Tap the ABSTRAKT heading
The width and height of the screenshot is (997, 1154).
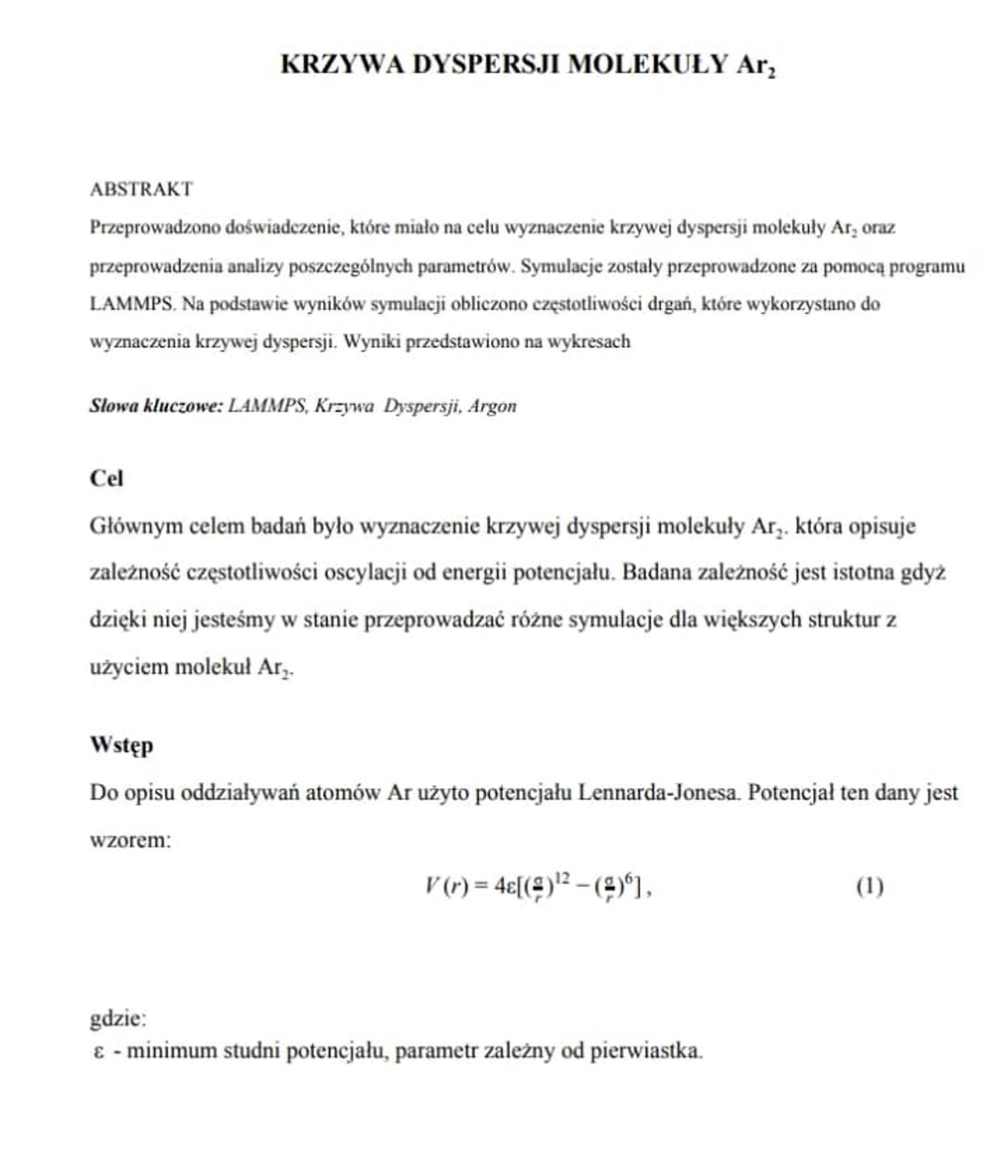(141, 189)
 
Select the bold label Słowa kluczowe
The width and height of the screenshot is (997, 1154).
(156, 406)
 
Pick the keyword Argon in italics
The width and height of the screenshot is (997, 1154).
(493, 406)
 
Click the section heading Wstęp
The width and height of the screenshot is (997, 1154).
(121, 745)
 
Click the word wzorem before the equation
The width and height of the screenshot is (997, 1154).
(129, 840)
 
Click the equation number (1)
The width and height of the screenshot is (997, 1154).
(870, 887)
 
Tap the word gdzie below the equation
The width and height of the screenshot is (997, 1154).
(117, 1019)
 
